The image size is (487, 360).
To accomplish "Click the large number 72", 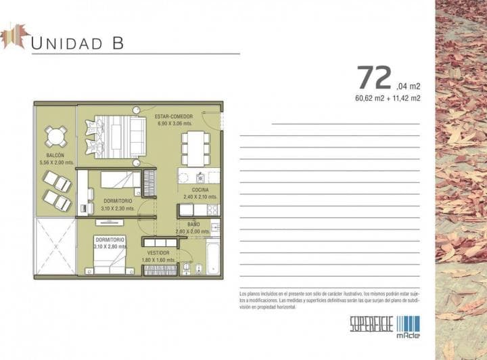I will (x=374, y=78).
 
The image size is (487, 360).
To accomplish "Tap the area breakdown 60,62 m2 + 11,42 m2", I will (x=388, y=98).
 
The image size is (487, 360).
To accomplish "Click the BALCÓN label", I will (x=46, y=155).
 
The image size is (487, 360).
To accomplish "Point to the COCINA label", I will (x=200, y=189).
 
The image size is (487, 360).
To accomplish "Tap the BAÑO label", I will (x=193, y=224).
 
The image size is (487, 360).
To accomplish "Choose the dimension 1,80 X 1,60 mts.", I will (x=158, y=260).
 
